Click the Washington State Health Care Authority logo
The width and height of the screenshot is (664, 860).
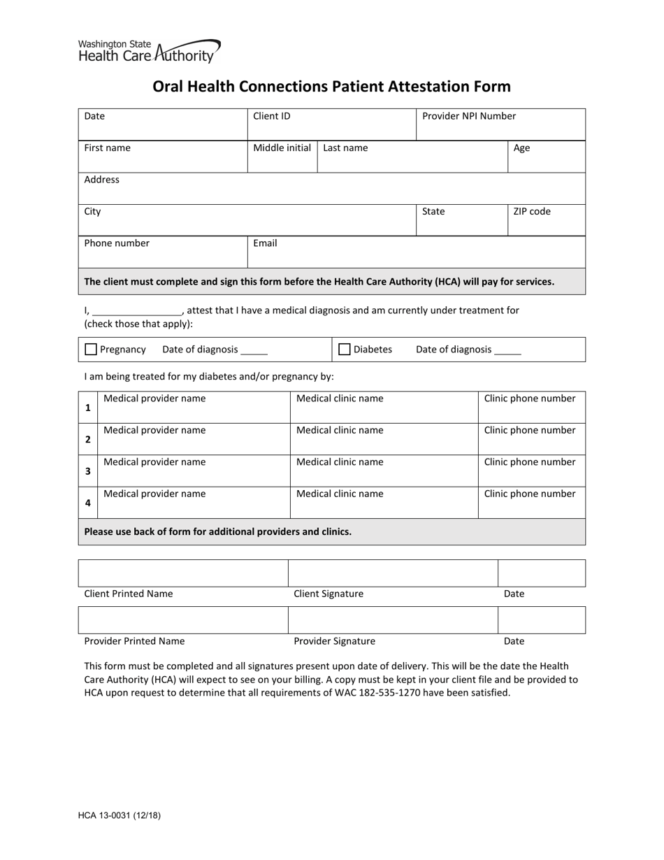tap(149, 51)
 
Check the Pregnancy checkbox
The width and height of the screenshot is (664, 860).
tap(91, 350)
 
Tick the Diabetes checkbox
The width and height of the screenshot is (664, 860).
tap(344, 350)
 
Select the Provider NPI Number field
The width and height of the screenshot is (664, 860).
tap(500, 124)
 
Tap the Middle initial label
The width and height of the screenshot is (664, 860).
tap(282, 148)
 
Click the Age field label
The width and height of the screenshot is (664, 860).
tap(521, 148)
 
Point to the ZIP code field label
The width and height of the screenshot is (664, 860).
tap(532, 211)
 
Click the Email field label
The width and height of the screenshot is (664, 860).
tap(265, 243)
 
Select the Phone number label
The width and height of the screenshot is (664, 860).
tap(117, 243)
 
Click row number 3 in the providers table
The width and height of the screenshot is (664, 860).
tap(88, 471)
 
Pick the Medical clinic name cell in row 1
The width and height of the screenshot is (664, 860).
tap(384, 407)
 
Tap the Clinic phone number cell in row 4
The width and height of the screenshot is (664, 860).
tap(531, 502)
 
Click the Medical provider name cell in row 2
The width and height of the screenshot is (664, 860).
tap(194, 439)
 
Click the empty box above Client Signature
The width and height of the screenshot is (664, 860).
tap(393, 573)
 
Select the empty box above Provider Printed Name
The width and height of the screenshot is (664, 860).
tap(183, 620)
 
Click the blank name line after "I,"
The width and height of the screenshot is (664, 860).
tap(136, 311)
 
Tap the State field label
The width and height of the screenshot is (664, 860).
tap(433, 211)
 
